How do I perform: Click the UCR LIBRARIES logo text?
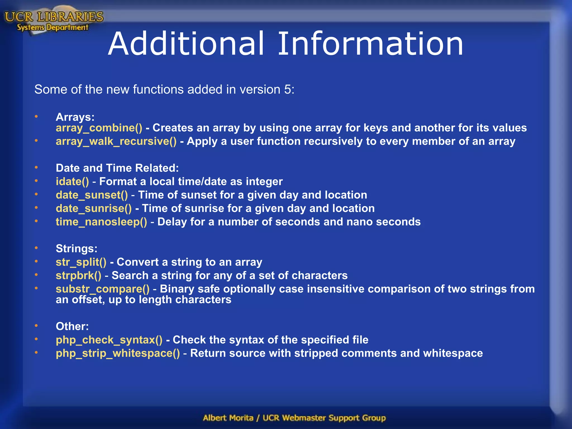click(x=54, y=17)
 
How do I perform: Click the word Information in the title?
click(x=370, y=44)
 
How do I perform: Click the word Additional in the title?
click(x=186, y=44)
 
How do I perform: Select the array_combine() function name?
click(x=99, y=128)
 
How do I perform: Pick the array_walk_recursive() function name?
click(x=116, y=141)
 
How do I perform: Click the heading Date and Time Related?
click(x=117, y=168)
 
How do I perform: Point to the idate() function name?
click(x=72, y=182)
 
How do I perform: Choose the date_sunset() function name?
click(x=92, y=195)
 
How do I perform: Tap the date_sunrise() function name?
click(x=94, y=208)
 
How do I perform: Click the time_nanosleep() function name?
click(x=101, y=222)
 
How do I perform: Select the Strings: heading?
click(x=77, y=249)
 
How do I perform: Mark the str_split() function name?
click(x=81, y=262)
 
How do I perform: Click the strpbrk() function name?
click(x=78, y=275)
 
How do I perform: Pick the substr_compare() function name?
click(x=103, y=289)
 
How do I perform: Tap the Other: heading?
click(x=72, y=326)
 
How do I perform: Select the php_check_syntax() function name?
click(x=109, y=340)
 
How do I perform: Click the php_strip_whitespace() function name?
click(x=118, y=353)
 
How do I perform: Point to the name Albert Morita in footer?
click(x=228, y=418)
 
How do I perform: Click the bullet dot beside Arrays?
click(x=36, y=116)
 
